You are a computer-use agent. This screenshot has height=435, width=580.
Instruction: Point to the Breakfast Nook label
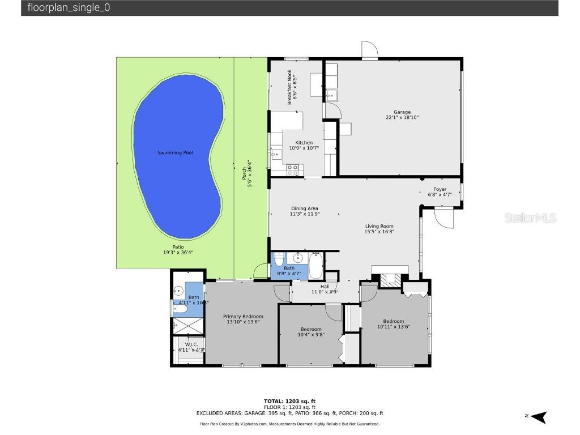tap(292, 86)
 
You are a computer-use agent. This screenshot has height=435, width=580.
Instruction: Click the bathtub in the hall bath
tap(315, 266)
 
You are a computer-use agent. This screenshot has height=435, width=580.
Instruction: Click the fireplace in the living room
tap(389, 279)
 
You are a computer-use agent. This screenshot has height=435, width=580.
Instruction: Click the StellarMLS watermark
tap(531, 218)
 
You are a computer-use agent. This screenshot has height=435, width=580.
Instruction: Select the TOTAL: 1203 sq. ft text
tap(289, 402)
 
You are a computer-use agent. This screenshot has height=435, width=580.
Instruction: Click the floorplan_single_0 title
tap(65, 8)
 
